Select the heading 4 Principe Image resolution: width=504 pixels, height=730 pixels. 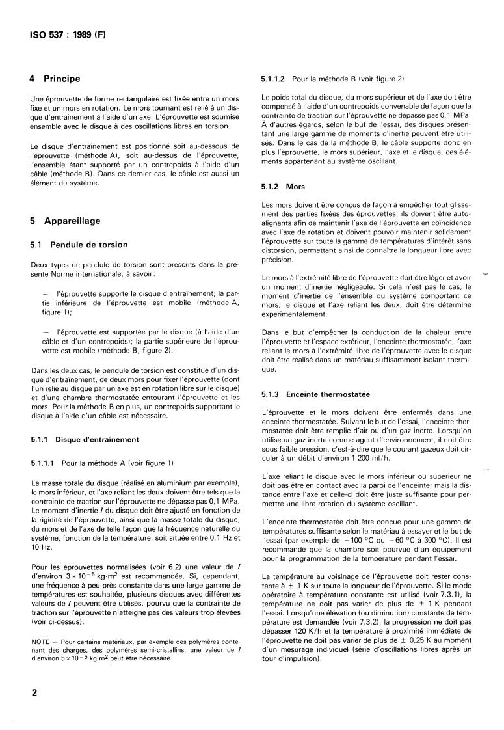[x=55, y=79]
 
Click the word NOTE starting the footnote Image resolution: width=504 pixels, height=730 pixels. [x=40, y=642]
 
